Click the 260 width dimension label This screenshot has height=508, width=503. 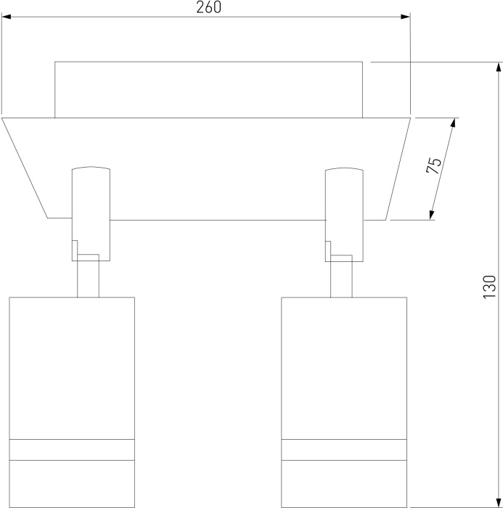click(x=209, y=7)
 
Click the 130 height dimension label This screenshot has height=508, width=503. click(x=489, y=287)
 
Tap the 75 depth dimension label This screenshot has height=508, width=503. click(x=434, y=166)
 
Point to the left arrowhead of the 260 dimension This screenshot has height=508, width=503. click(x=7, y=17)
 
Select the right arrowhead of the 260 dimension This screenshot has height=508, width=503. click(x=406, y=17)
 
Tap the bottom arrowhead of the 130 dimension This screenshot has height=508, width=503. click(x=498, y=503)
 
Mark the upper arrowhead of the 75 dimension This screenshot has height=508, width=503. click(x=453, y=123)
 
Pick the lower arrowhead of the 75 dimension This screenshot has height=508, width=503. click(x=431, y=215)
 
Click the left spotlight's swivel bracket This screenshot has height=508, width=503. click(x=91, y=214)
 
